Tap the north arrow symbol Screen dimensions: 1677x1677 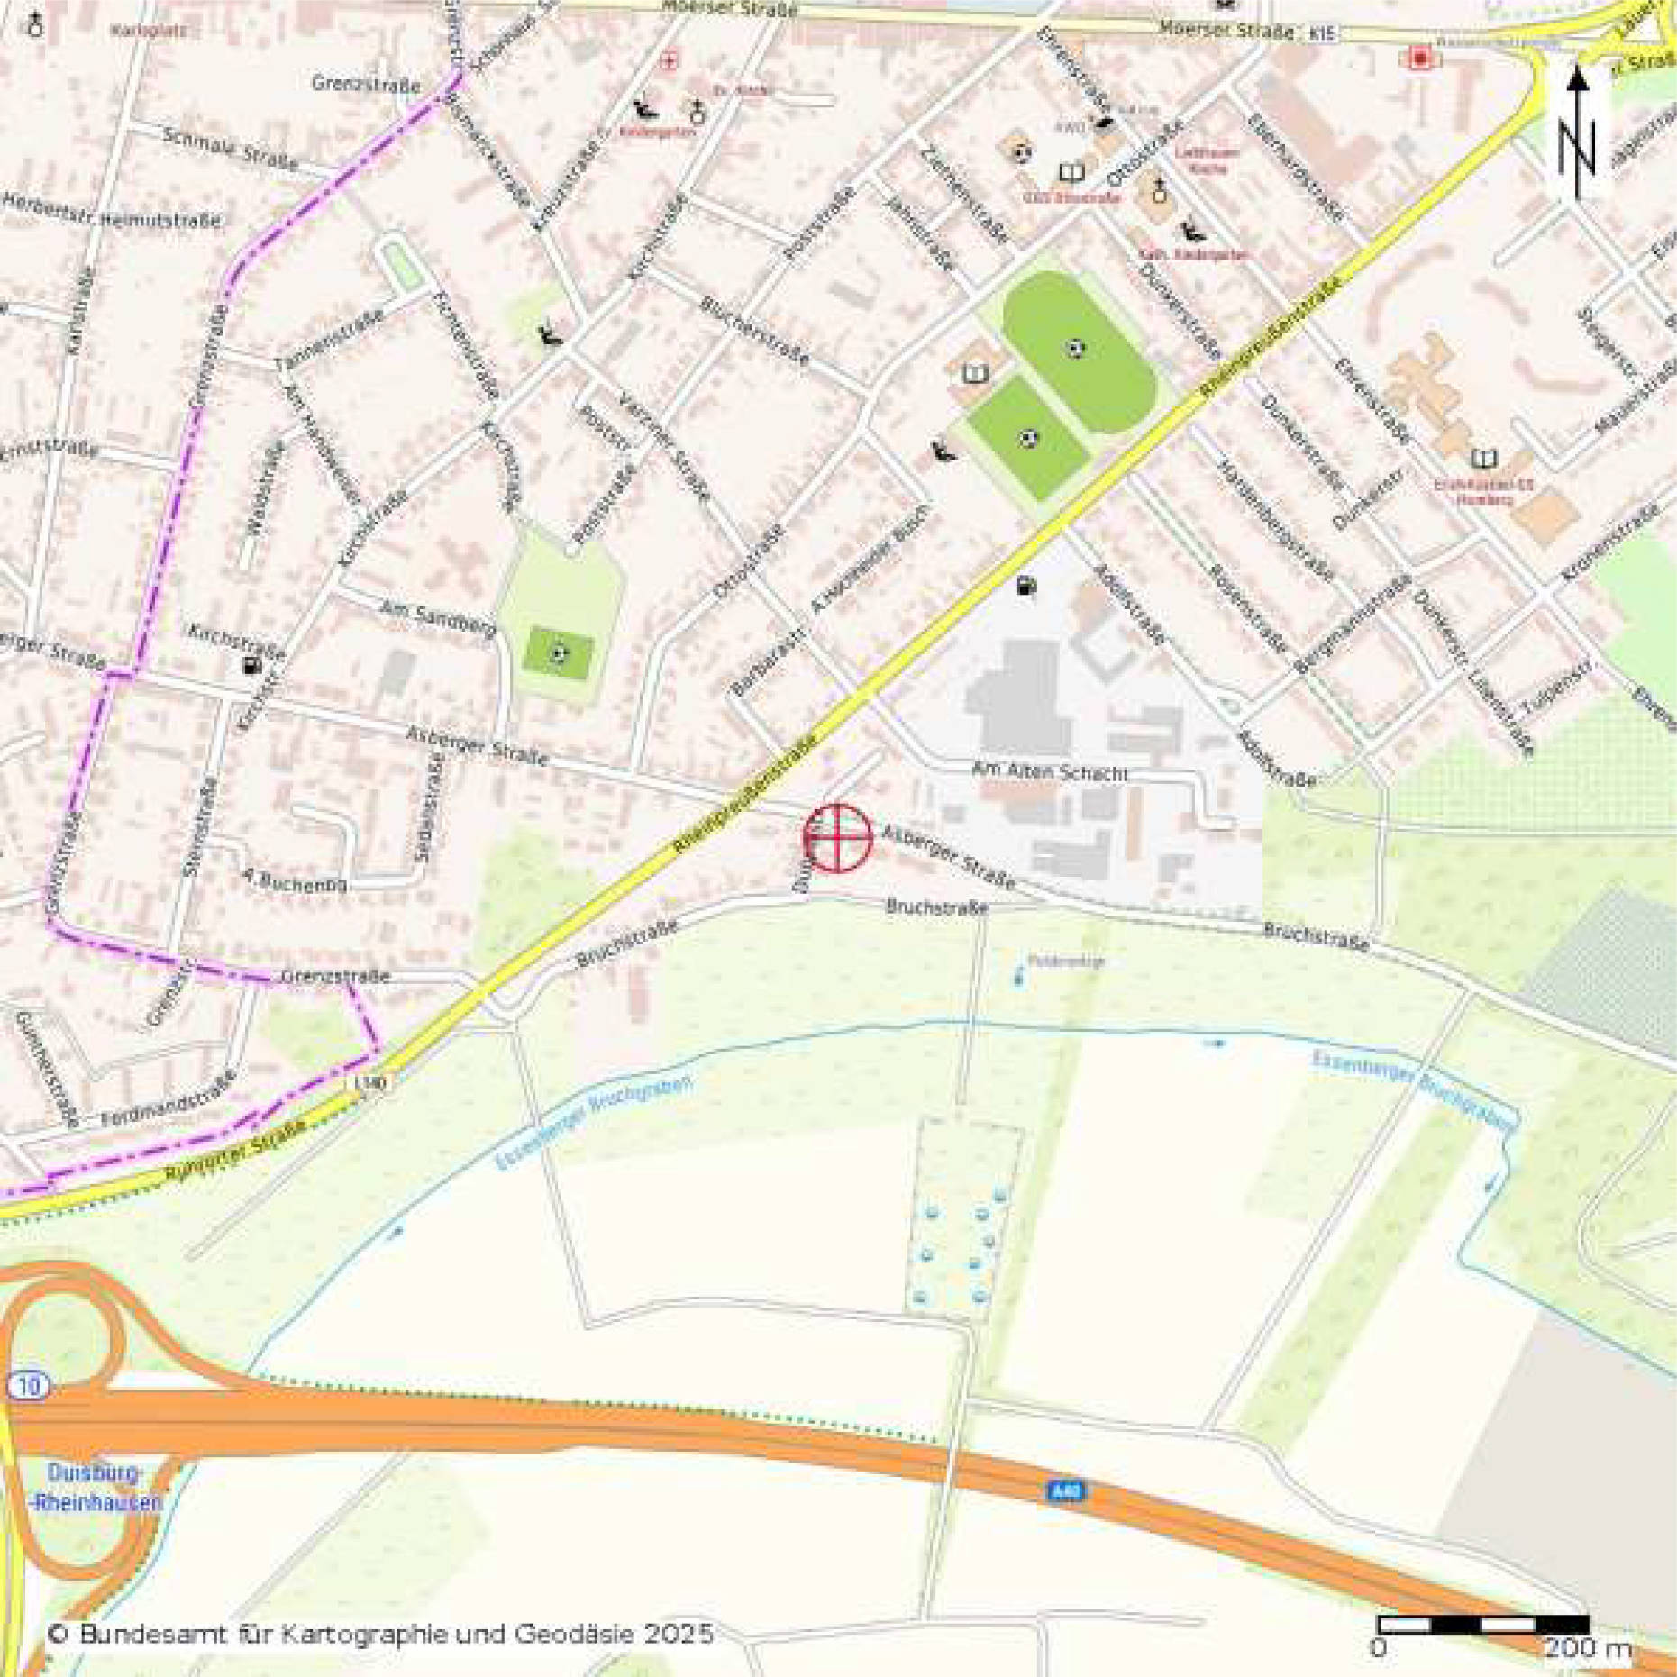1577,135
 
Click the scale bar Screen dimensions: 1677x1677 1482,1624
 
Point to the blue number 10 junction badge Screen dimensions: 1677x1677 28,1386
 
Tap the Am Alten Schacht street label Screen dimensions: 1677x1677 1050,772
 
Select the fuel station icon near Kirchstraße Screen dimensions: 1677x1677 251,666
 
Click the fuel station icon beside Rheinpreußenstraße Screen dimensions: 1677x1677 1025,587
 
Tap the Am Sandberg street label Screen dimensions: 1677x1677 437,618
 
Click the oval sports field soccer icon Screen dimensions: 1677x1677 1074,348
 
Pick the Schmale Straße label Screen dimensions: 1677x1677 231,149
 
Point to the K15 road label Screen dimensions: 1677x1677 1322,33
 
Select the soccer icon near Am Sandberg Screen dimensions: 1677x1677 559,653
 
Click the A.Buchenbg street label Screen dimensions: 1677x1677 296,880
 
